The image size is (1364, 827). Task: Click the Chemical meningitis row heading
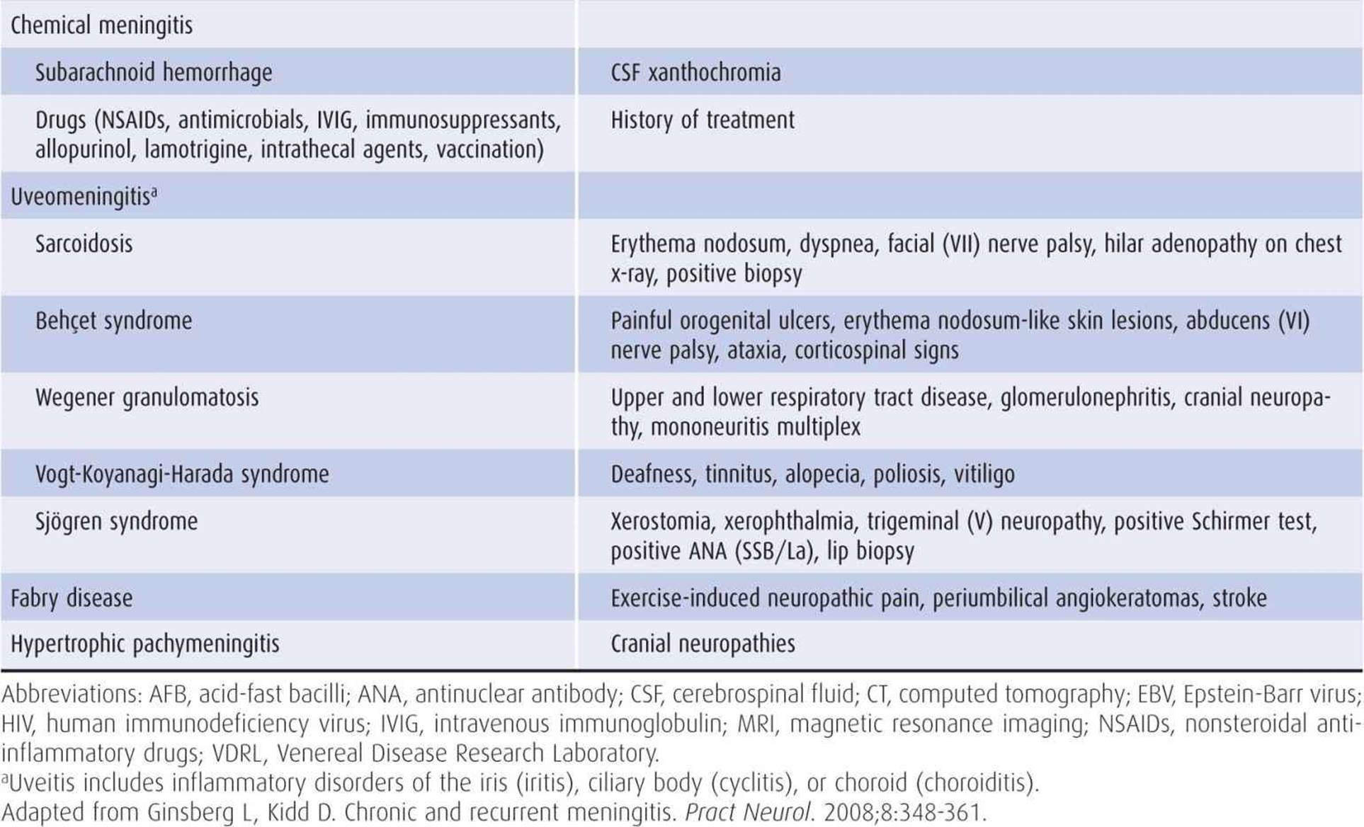point(101,26)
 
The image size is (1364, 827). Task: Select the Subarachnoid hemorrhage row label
point(153,72)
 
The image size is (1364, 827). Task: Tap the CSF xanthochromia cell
point(695,72)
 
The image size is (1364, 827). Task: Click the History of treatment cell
point(702,120)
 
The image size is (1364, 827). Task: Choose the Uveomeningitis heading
point(83,196)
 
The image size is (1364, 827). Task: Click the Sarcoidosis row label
point(84,244)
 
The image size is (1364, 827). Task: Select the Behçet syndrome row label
point(113,321)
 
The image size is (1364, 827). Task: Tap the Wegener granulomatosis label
point(147,397)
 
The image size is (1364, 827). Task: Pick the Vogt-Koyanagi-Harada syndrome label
point(182,474)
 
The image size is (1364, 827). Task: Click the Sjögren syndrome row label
point(116,521)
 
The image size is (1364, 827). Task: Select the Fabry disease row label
point(72,598)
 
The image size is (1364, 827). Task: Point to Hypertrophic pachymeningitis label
point(144,644)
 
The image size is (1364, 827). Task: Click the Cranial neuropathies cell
point(703,644)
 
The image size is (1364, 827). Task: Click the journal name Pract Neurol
point(747,812)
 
